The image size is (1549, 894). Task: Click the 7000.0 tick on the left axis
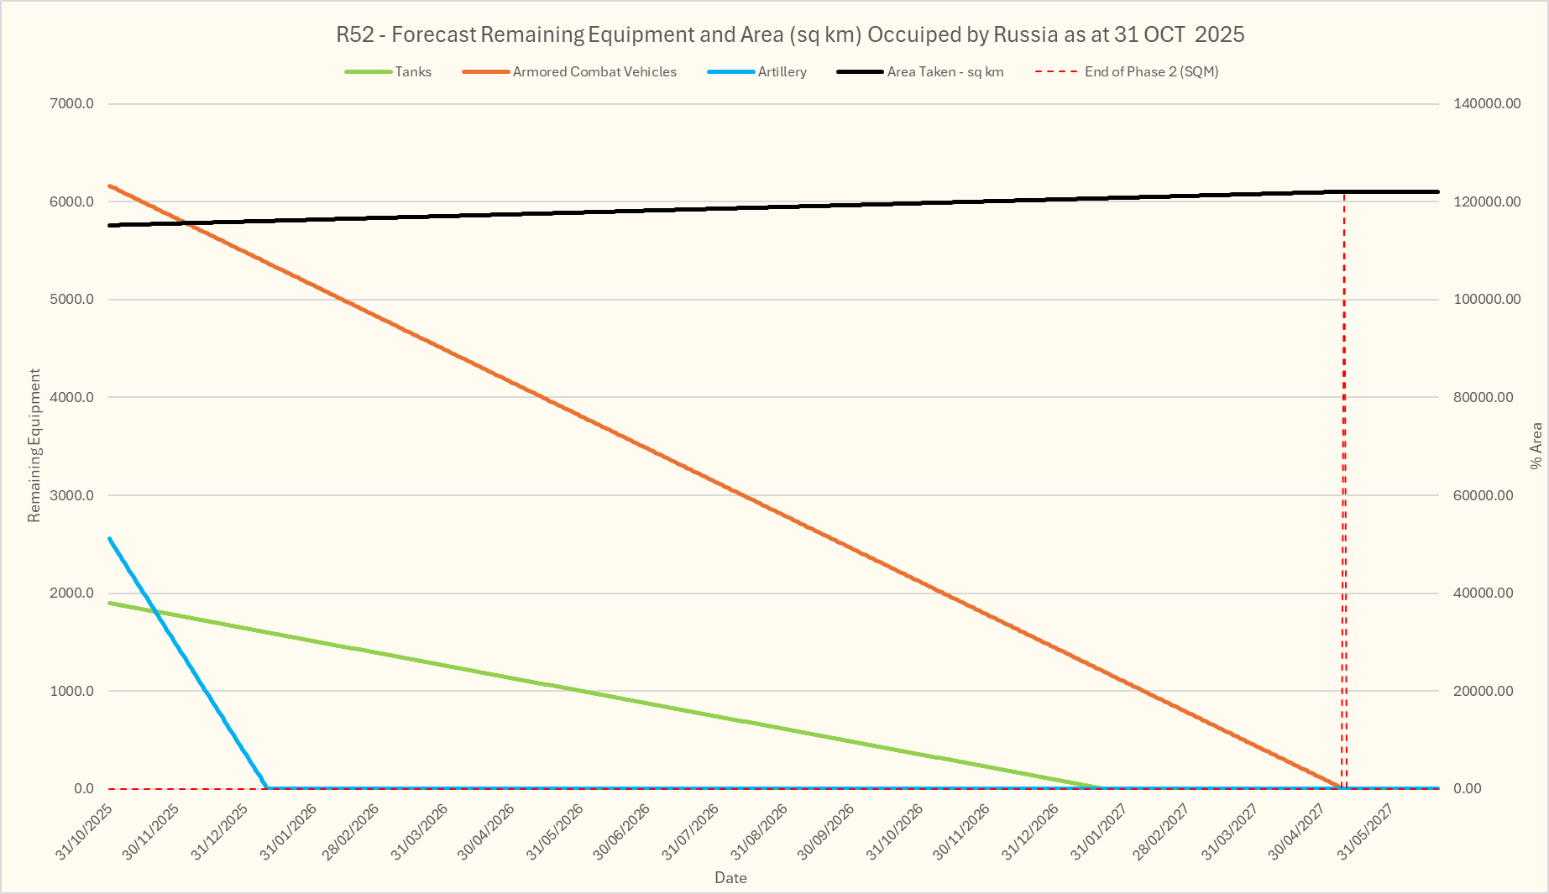click(x=73, y=104)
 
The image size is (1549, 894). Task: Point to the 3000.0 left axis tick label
click(x=73, y=495)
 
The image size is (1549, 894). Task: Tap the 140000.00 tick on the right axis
click(x=1487, y=104)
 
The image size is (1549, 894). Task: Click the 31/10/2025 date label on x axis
click(x=85, y=832)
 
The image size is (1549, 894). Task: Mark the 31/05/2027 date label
click(x=1365, y=832)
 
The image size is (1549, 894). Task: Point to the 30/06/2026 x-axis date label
click(x=622, y=832)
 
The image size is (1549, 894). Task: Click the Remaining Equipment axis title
click(x=34, y=445)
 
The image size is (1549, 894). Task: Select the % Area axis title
click(x=1536, y=445)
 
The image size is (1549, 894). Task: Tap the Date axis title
click(x=730, y=878)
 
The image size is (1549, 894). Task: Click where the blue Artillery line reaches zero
click(x=267, y=787)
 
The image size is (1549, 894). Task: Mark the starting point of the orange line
click(x=110, y=186)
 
